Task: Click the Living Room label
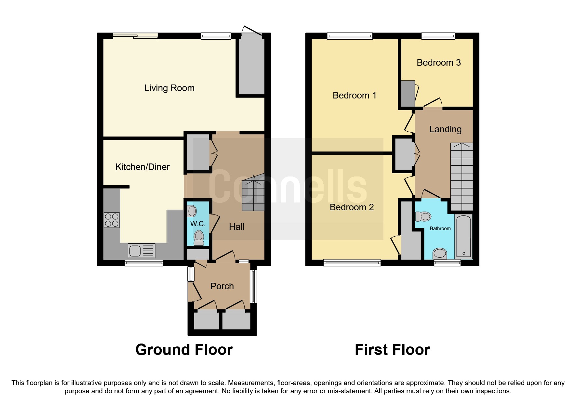pos(169,88)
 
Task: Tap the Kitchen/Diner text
pos(142,167)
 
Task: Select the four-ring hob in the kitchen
pos(112,220)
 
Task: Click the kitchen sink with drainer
pos(141,251)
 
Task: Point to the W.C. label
pos(198,224)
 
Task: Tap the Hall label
pos(236,227)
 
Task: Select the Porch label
pos(222,286)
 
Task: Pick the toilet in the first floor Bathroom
pos(423,216)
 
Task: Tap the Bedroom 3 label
pos(438,63)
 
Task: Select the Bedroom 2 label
pos(352,207)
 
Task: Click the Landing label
pos(445,129)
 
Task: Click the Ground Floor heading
pos(184,350)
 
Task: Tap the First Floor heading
pos(392,350)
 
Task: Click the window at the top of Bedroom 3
pos(438,36)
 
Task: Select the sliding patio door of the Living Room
pos(135,36)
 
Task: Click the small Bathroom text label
pos(440,228)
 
